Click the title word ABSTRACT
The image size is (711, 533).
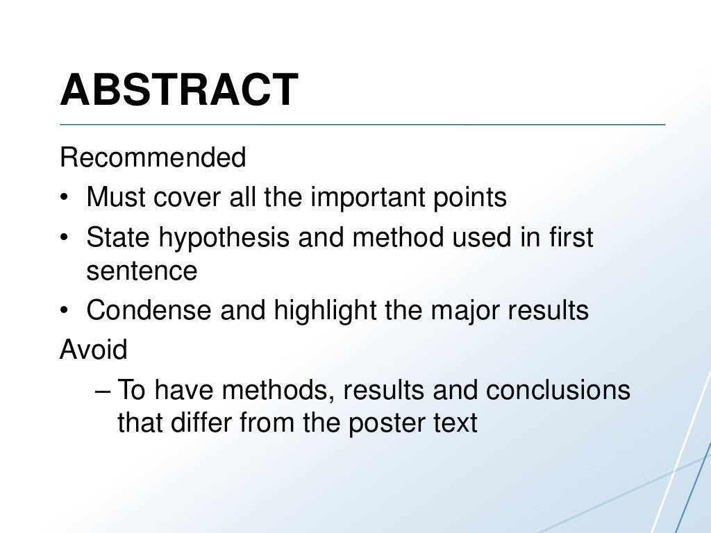179,90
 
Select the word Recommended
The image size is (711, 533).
153,158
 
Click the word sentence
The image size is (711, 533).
142,271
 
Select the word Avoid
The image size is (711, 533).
94,349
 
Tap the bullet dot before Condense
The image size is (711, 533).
64,311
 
